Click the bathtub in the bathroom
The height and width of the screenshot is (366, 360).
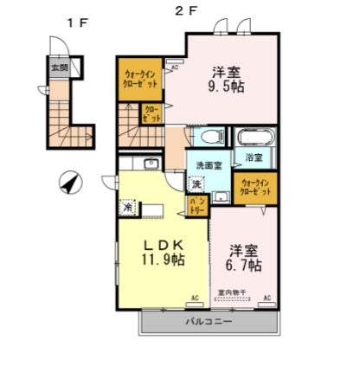click(254, 137)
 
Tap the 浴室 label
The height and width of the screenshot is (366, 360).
click(254, 158)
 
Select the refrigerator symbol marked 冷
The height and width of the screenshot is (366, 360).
click(128, 208)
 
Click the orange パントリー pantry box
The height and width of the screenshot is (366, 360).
click(196, 205)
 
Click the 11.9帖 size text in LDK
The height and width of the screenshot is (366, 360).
click(164, 257)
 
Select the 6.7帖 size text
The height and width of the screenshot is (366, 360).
click(245, 265)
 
